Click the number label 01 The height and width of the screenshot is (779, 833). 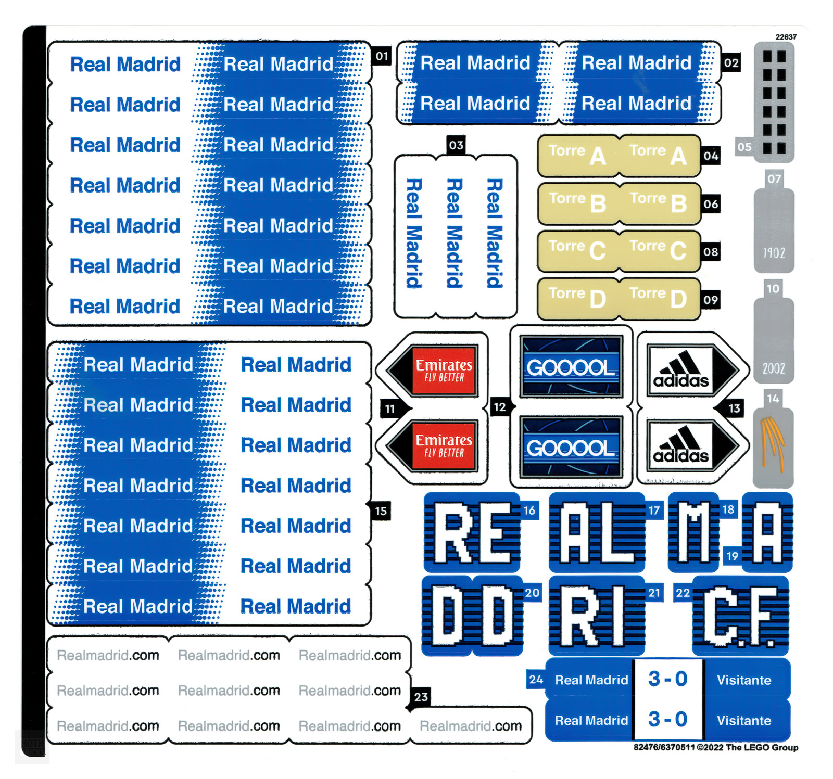(382, 56)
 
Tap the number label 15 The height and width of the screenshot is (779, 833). (381, 511)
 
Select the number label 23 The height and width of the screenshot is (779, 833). (421, 697)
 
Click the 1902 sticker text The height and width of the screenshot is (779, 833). (774, 253)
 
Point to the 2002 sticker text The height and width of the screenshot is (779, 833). (774, 368)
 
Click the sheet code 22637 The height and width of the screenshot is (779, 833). (786, 37)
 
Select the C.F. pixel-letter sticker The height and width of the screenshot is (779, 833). (740, 616)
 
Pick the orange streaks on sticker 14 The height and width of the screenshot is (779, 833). (773, 443)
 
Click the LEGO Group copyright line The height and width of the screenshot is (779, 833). (716, 747)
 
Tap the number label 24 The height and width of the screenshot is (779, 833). (536, 680)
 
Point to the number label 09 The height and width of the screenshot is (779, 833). (711, 300)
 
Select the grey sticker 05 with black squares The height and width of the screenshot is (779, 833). (774, 102)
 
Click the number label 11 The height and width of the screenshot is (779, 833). (390, 409)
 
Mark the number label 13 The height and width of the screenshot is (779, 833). (734, 408)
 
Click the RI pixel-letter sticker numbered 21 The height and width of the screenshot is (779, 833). (597, 616)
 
